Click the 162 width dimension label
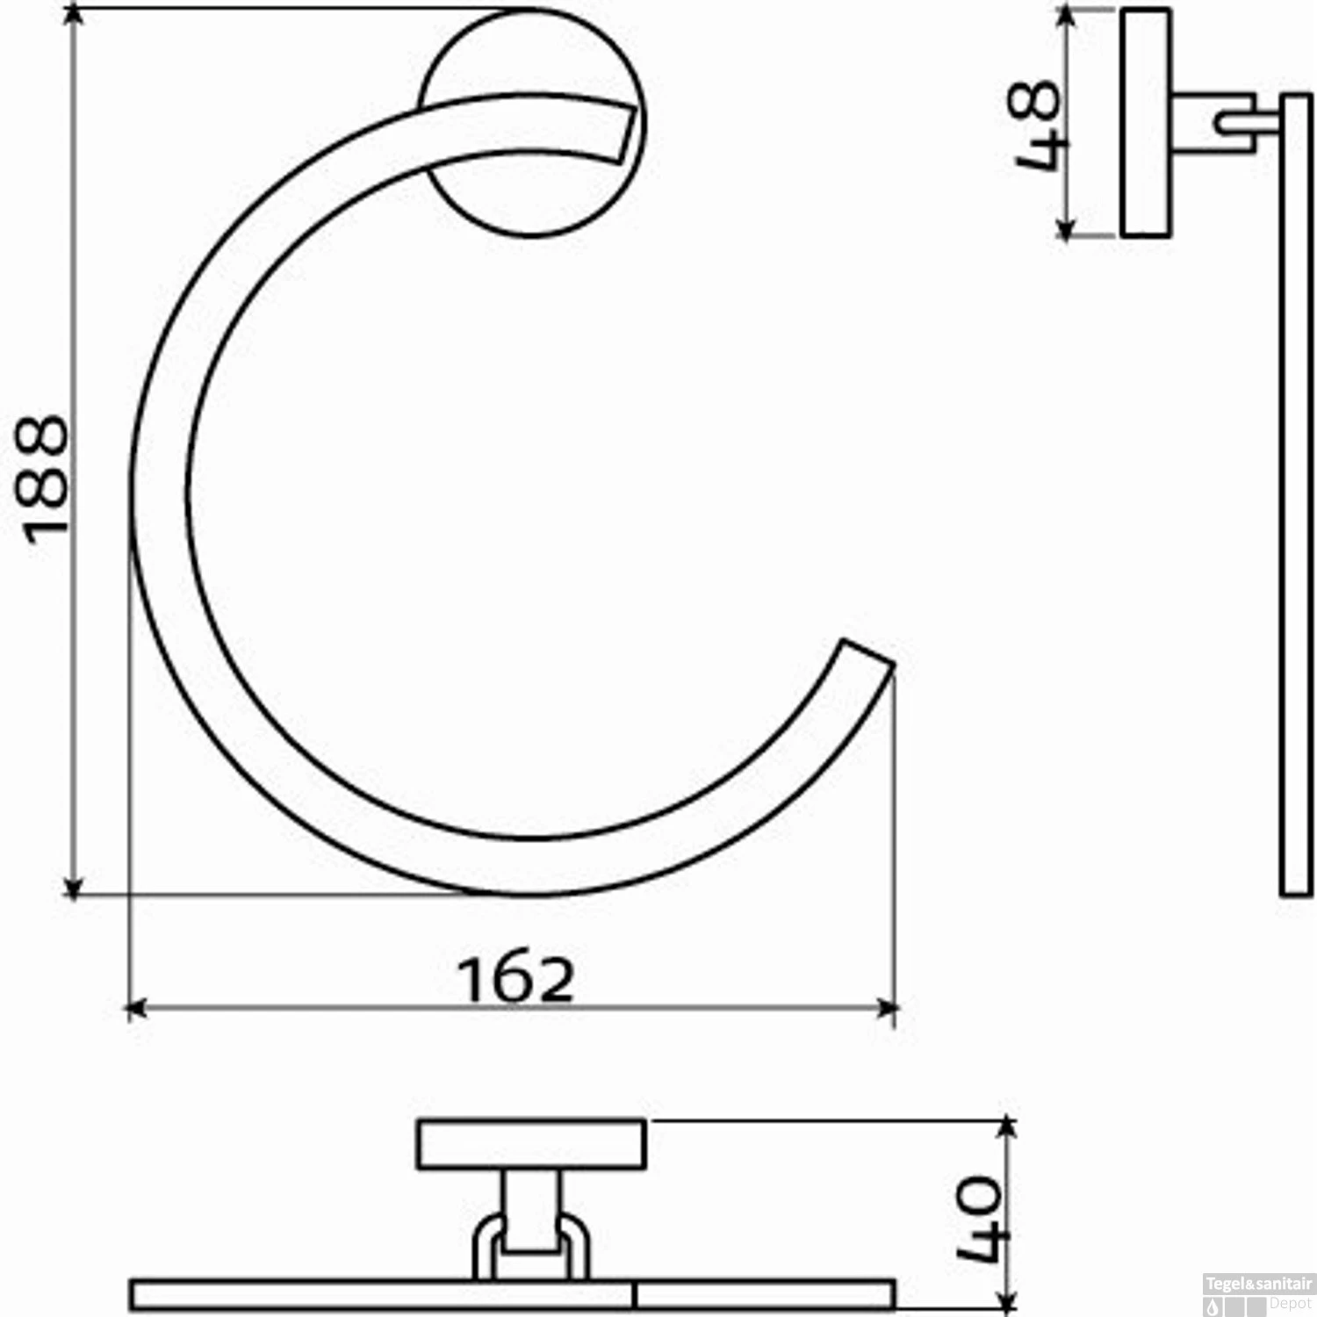click(x=516, y=979)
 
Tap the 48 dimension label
click(x=1036, y=125)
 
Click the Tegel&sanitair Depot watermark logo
click(x=1260, y=1294)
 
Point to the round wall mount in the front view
click(x=533, y=123)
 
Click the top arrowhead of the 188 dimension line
click(x=76, y=14)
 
